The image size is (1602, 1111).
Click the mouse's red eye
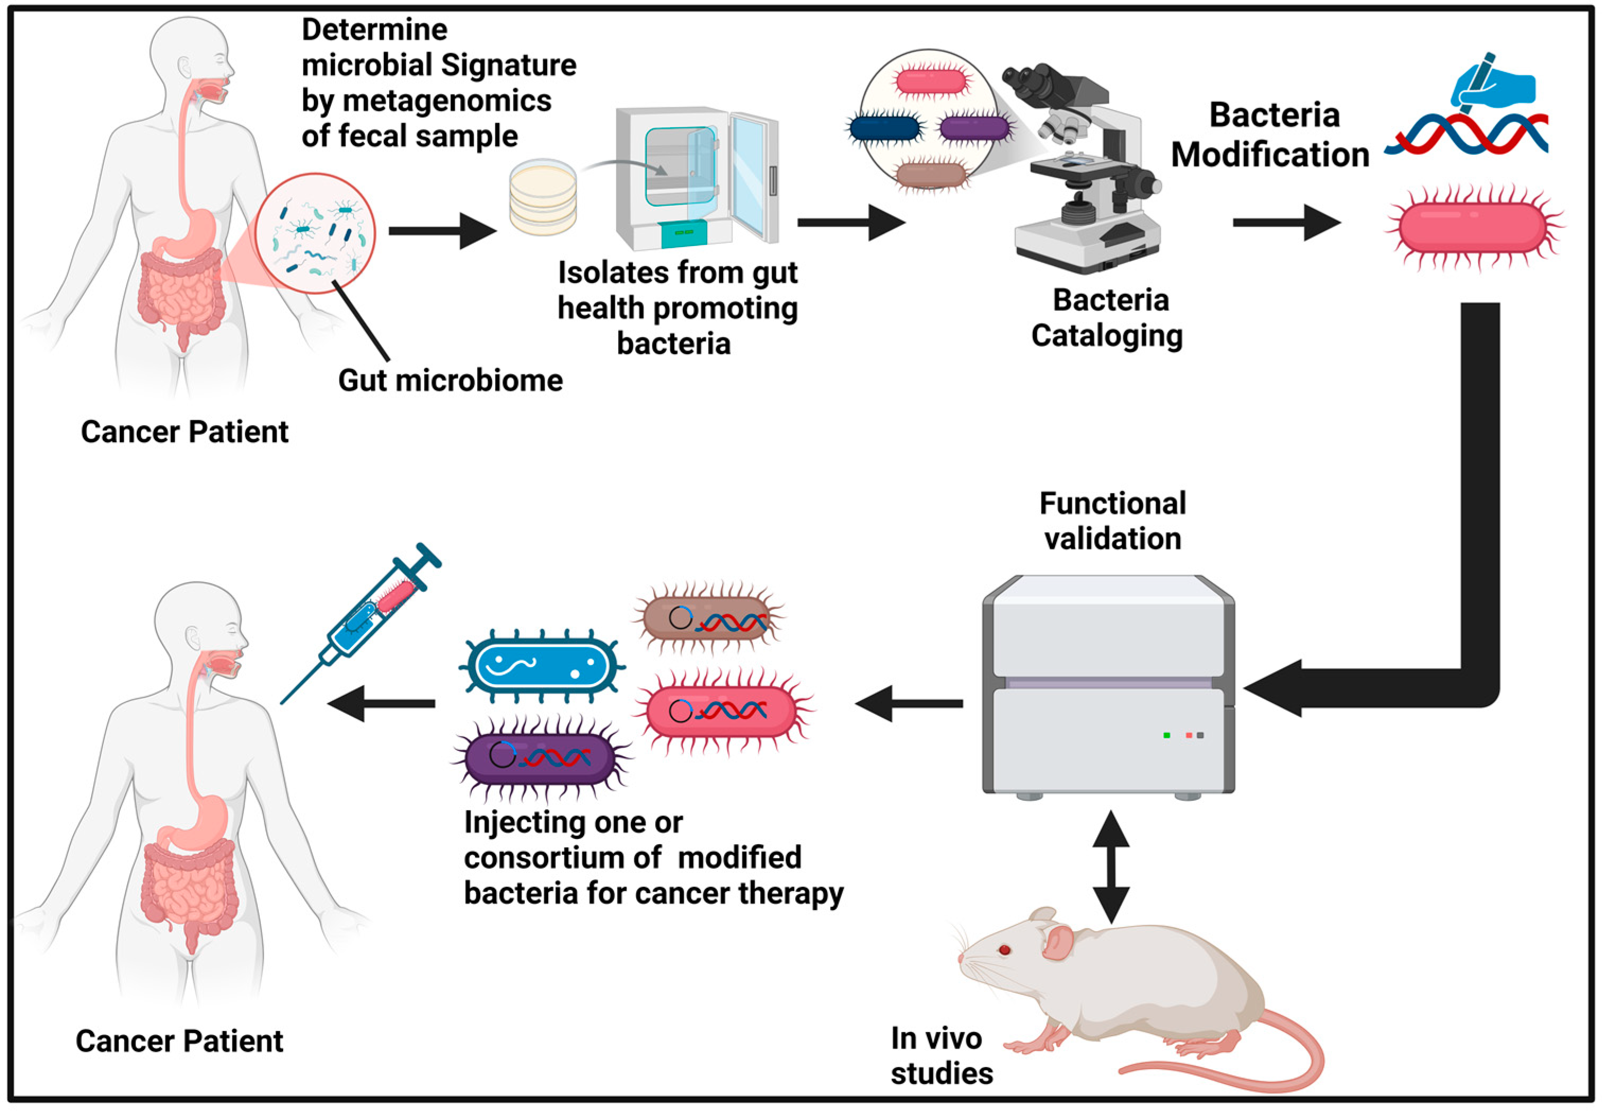click(x=1004, y=949)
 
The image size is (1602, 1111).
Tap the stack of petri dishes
click(x=543, y=198)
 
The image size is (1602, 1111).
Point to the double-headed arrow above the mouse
click(x=1111, y=867)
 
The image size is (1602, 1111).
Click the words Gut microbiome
click(x=450, y=381)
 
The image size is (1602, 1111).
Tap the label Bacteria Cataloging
click(x=1108, y=318)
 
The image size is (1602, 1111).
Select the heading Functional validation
click(x=1112, y=521)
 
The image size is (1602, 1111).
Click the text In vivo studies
click(x=941, y=1055)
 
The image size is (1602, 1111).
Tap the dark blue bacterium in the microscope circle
click(x=885, y=129)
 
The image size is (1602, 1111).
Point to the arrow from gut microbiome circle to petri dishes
click(x=442, y=230)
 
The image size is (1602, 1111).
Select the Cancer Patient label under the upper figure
click(x=184, y=432)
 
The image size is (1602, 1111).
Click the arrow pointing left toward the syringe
click(x=381, y=704)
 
